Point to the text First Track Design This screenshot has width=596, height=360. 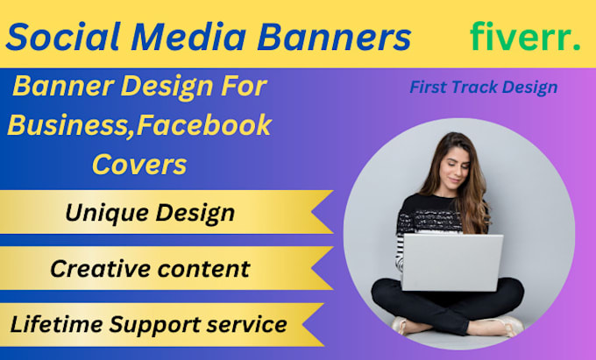click(x=483, y=88)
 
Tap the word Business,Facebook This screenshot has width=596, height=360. click(x=139, y=125)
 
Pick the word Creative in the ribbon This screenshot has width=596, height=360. click(x=97, y=268)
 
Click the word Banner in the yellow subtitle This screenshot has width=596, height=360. click(x=57, y=87)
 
